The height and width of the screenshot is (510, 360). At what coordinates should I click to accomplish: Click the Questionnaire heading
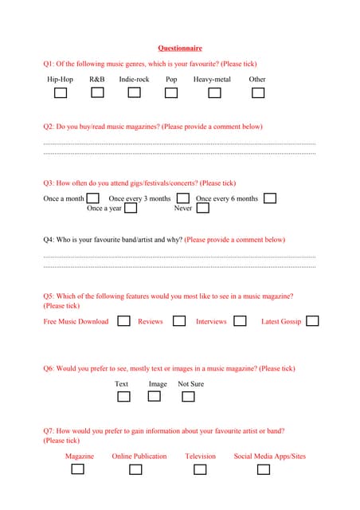pyautogui.click(x=180, y=48)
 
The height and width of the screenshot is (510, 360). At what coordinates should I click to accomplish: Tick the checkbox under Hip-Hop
pyautogui.click(x=60, y=93)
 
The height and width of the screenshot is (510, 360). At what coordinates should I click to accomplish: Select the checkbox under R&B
pyautogui.click(x=97, y=93)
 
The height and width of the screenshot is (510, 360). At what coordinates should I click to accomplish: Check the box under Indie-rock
pyautogui.click(x=134, y=93)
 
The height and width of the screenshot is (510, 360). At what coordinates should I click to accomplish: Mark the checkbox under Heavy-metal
pyautogui.click(x=214, y=93)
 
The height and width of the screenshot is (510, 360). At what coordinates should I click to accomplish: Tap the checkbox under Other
pyautogui.click(x=257, y=93)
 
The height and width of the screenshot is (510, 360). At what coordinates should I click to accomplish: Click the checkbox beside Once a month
pyautogui.click(x=92, y=198)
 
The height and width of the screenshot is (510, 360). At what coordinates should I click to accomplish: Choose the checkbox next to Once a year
pyautogui.click(x=131, y=208)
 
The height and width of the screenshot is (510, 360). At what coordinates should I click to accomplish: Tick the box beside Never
pyautogui.click(x=202, y=208)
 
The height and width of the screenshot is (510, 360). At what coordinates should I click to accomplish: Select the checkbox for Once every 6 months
pyautogui.click(x=270, y=198)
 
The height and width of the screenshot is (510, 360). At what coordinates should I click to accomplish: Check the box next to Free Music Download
pyautogui.click(x=123, y=321)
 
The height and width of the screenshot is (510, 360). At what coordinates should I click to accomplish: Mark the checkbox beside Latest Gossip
pyautogui.click(x=312, y=321)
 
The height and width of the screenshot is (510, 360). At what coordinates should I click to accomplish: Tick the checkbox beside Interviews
pyautogui.click(x=240, y=321)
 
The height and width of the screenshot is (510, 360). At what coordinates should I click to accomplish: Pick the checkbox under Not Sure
pyautogui.click(x=191, y=396)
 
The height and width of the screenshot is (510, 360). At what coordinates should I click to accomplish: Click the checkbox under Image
pyautogui.click(x=155, y=396)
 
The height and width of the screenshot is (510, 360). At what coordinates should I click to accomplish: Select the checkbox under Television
pyautogui.click(x=201, y=469)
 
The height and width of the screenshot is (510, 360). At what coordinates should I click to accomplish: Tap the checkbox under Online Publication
pyautogui.click(x=135, y=469)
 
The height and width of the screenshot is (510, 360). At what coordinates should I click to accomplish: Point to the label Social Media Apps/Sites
pyautogui.click(x=269, y=456)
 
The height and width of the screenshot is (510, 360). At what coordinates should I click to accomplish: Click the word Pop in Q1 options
pyautogui.click(x=171, y=80)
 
